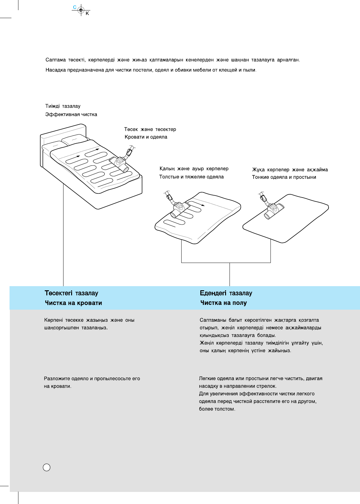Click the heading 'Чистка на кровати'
pos(73,303)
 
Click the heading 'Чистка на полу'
pos(223,303)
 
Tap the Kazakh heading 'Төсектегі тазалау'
pos(71,293)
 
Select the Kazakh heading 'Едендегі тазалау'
pos(226,293)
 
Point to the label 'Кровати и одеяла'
pos(146,137)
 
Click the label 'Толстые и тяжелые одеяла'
pos(191,177)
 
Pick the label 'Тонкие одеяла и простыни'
pos(284,177)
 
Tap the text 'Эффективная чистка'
pos(71,115)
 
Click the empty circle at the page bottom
pos(47,467)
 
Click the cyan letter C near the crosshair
pos(75,7)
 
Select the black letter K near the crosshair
pos(87,14)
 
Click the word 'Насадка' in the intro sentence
pos(56,70)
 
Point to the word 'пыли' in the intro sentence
pos(249,70)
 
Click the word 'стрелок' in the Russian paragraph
pos(267,386)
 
